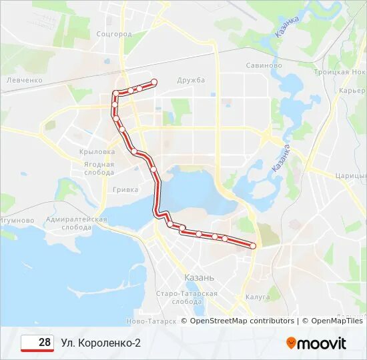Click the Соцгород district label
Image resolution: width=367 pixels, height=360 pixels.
coord(114,33)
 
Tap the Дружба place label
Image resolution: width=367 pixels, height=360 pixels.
coord(191,80)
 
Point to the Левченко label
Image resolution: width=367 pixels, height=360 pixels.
coord(25,80)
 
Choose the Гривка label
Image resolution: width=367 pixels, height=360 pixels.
coord(125,189)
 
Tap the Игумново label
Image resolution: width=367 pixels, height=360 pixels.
coord(17,220)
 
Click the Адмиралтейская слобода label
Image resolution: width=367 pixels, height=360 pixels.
coord(77,223)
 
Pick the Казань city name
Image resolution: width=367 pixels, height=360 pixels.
coord(198,277)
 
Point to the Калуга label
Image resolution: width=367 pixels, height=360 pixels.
coord(257,297)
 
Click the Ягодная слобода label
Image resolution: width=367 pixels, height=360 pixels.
coord(99,167)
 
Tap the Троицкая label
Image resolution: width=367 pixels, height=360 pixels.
coord(347,71)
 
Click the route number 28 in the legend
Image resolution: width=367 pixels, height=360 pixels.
coord(44,343)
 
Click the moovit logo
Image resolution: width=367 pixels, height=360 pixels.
coord(316,343)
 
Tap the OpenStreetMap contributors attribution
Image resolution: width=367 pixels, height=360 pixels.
coord(242,321)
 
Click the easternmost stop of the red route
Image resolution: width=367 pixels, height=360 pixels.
coord(253,246)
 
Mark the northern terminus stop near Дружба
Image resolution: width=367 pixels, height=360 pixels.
coord(154,83)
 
